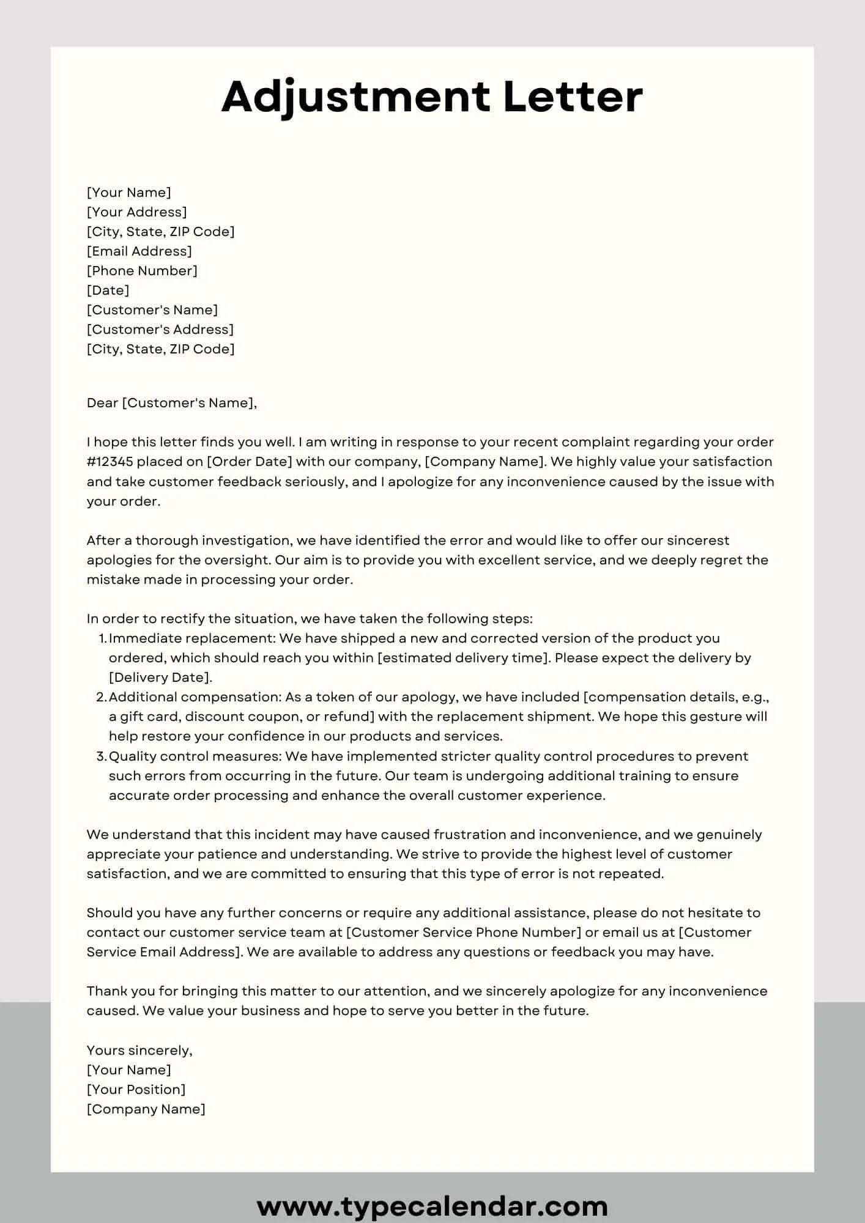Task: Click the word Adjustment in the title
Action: [x=355, y=97]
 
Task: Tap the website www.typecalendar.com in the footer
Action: [x=432, y=1206]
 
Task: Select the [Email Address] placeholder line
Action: [x=139, y=251]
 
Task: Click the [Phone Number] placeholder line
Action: [x=142, y=271]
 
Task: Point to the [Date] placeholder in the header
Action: [x=108, y=290]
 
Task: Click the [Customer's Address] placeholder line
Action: [x=160, y=330]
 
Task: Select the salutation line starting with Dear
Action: [x=172, y=403]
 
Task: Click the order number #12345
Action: [x=110, y=462]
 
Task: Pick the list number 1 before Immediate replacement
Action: [x=102, y=638]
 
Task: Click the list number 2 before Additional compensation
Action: [x=102, y=697]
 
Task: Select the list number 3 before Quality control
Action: [x=102, y=756]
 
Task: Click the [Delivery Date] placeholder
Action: [x=160, y=678]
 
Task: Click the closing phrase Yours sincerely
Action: [x=139, y=1051]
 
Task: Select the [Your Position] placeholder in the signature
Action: [x=136, y=1090]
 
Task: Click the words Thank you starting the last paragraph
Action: [x=115, y=991]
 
